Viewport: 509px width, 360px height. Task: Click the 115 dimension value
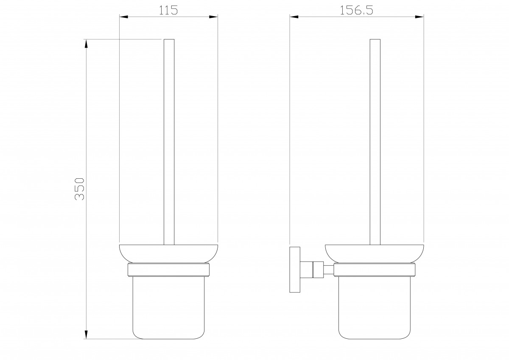(x=168, y=10)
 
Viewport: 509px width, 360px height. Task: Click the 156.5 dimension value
(x=356, y=10)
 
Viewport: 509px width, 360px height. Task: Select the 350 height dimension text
(x=80, y=189)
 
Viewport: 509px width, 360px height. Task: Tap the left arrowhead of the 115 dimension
(x=124, y=17)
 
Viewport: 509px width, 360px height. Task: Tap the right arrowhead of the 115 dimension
(x=213, y=17)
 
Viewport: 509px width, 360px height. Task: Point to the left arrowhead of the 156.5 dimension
(x=294, y=17)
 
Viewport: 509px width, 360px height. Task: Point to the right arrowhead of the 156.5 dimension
(x=419, y=17)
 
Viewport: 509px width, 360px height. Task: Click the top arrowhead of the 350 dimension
(x=86, y=44)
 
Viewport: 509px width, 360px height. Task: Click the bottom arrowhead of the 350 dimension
(x=86, y=335)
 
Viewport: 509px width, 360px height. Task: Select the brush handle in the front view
(x=169, y=142)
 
